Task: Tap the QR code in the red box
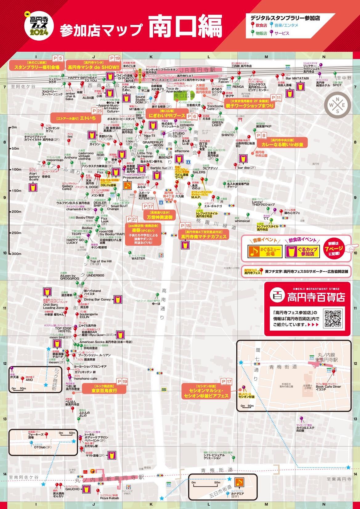333,319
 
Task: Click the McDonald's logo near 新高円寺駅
86,471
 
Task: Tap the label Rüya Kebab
109,498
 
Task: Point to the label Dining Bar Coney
97,299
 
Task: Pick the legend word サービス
281,33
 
